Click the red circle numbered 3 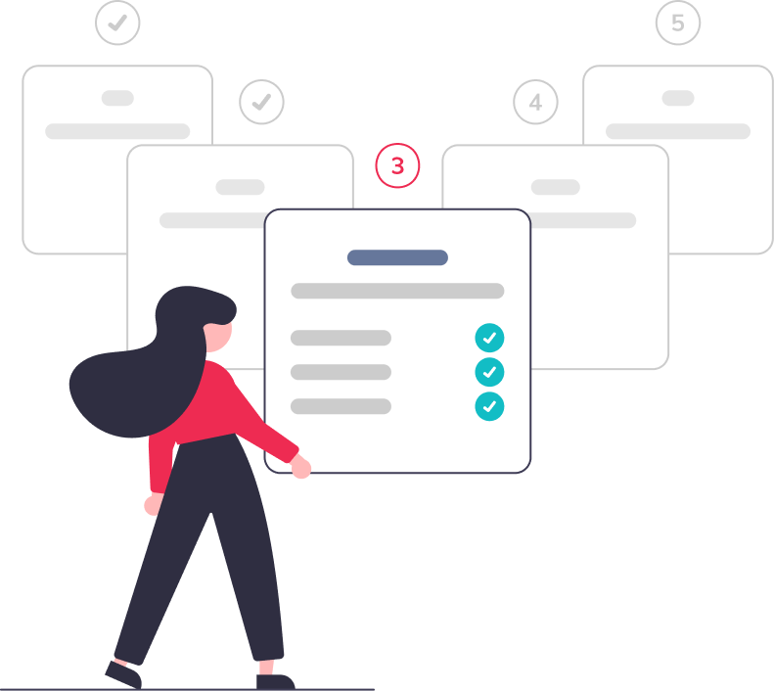pyautogui.click(x=397, y=166)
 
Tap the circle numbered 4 pyautogui.click(x=535, y=102)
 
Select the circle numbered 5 pyautogui.click(x=678, y=23)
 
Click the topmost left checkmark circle pyautogui.click(x=117, y=23)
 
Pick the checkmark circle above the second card pyautogui.click(x=261, y=102)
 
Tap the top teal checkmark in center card pyautogui.click(x=489, y=338)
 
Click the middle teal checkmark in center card pyautogui.click(x=489, y=372)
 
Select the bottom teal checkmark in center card pyautogui.click(x=489, y=406)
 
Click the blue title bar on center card pyautogui.click(x=397, y=257)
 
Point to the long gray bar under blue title pyautogui.click(x=397, y=291)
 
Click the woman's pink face pyautogui.click(x=221, y=333)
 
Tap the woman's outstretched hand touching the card pyautogui.click(x=301, y=468)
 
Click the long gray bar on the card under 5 pyautogui.click(x=678, y=131)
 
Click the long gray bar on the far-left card pyautogui.click(x=117, y=131)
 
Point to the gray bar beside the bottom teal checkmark pyautogui.click(x=341, y=406)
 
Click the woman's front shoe pyautogui.click(x=275, y=680)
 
